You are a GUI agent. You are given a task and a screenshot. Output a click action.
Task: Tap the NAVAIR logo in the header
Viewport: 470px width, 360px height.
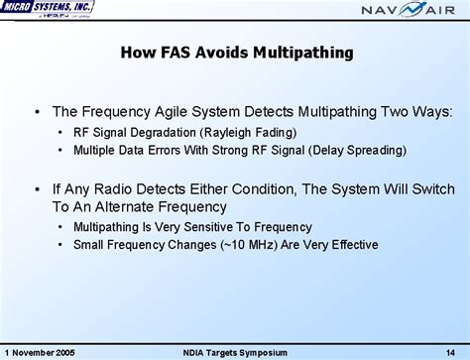[x=409, y=13]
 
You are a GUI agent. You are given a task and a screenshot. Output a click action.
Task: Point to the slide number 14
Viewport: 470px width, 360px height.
[x=450, y=351]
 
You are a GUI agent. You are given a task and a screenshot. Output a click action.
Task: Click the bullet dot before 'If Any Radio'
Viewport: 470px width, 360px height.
[x=36, y=188]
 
